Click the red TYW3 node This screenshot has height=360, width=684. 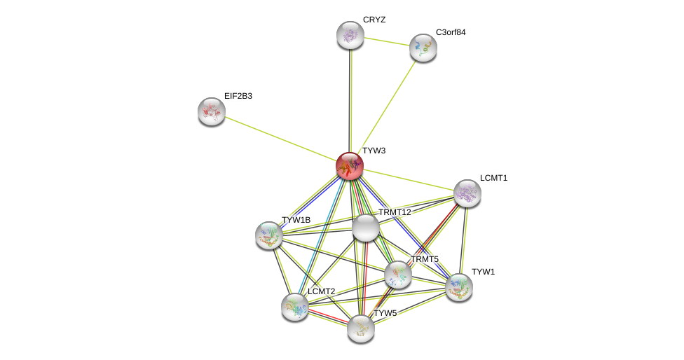[x=349, y=166]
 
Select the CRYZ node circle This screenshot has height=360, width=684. [x=350, y=35]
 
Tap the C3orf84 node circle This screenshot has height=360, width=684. [x=423, y=48]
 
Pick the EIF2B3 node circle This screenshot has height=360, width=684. [x=211, y=111]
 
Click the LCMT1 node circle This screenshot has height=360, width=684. [x=467, y=193]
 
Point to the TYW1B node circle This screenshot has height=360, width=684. [x=269, y=235]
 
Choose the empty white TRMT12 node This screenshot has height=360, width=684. [x=365, y=228]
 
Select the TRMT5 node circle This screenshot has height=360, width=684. [x=397, y=275]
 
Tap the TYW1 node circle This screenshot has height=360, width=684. [x=458, y=286]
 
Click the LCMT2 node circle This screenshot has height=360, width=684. [x=294, y=306]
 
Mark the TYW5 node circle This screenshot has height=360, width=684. [x=360, y=328]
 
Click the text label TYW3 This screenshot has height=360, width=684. [x=374, y=151]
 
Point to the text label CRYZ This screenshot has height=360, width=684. [x=374, y=20]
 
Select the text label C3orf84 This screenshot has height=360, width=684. [x=451, y=32]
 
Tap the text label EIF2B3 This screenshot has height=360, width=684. [x=238, y=96]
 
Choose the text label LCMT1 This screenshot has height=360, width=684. [x=493, y=178]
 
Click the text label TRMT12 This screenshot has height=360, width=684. [x=395, y=212]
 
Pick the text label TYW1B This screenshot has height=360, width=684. [x=296, y=220]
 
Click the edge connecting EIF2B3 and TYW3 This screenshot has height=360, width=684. [x=280, y=139]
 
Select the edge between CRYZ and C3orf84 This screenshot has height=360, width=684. [x=386, y=41]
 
